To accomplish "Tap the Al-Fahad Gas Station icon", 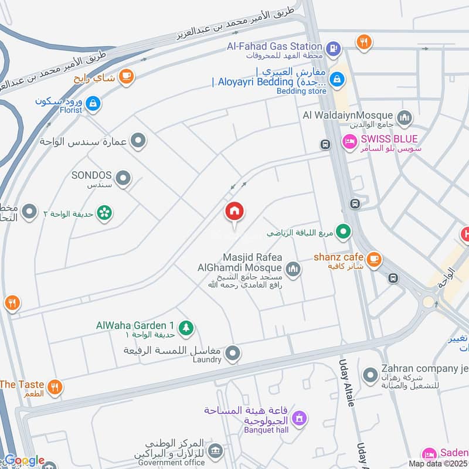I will [332, 49].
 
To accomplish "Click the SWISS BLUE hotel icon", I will [349, 142].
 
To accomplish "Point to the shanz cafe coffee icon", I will [373, 259].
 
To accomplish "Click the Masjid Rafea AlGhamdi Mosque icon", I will [293, 269].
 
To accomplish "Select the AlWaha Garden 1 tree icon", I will [186, 328].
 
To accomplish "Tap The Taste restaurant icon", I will [55, 387].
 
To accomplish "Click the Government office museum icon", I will [216, 450].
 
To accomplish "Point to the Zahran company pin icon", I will [370, 374].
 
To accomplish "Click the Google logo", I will [23, 461].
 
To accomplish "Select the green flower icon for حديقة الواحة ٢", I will [105, 213].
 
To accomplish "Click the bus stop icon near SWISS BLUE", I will [324, 144].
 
